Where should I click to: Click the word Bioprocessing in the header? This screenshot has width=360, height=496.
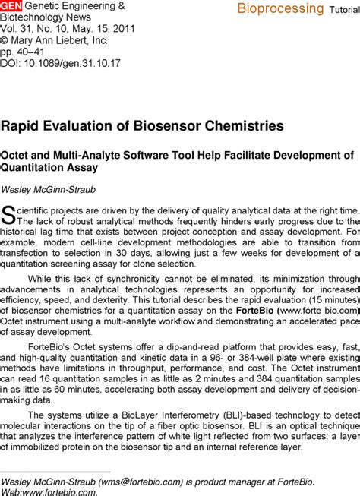(280, 9)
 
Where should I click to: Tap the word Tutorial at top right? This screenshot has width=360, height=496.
(344, 11)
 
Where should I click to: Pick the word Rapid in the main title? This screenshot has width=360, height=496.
(22, 125)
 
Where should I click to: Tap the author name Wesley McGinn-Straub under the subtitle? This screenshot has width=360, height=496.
(46, 188)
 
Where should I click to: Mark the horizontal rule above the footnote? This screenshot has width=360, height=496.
(56, 472)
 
